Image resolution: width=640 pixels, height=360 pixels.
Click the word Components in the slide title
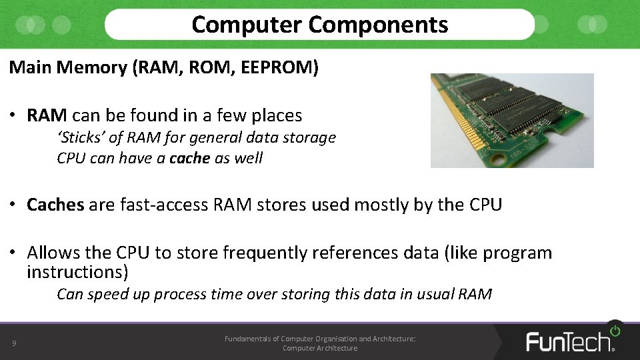(x=378, y=25)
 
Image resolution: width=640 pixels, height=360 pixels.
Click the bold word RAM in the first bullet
(x=47, y=115)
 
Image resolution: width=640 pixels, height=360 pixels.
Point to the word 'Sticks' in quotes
(x=79, y=138)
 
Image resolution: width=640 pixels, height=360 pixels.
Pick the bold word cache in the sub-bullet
(x=190, y=158)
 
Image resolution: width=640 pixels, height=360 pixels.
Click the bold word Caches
(x=55, y=205)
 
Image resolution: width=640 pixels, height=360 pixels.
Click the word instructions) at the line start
(x=77, y=272)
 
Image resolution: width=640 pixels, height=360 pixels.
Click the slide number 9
(x=14, y=344)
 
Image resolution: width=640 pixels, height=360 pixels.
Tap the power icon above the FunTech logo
(x=614, y=330)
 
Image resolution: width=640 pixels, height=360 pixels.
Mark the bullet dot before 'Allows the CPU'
(x=13, y=253)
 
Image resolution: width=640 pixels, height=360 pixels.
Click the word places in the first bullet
(x=277, y=115)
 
